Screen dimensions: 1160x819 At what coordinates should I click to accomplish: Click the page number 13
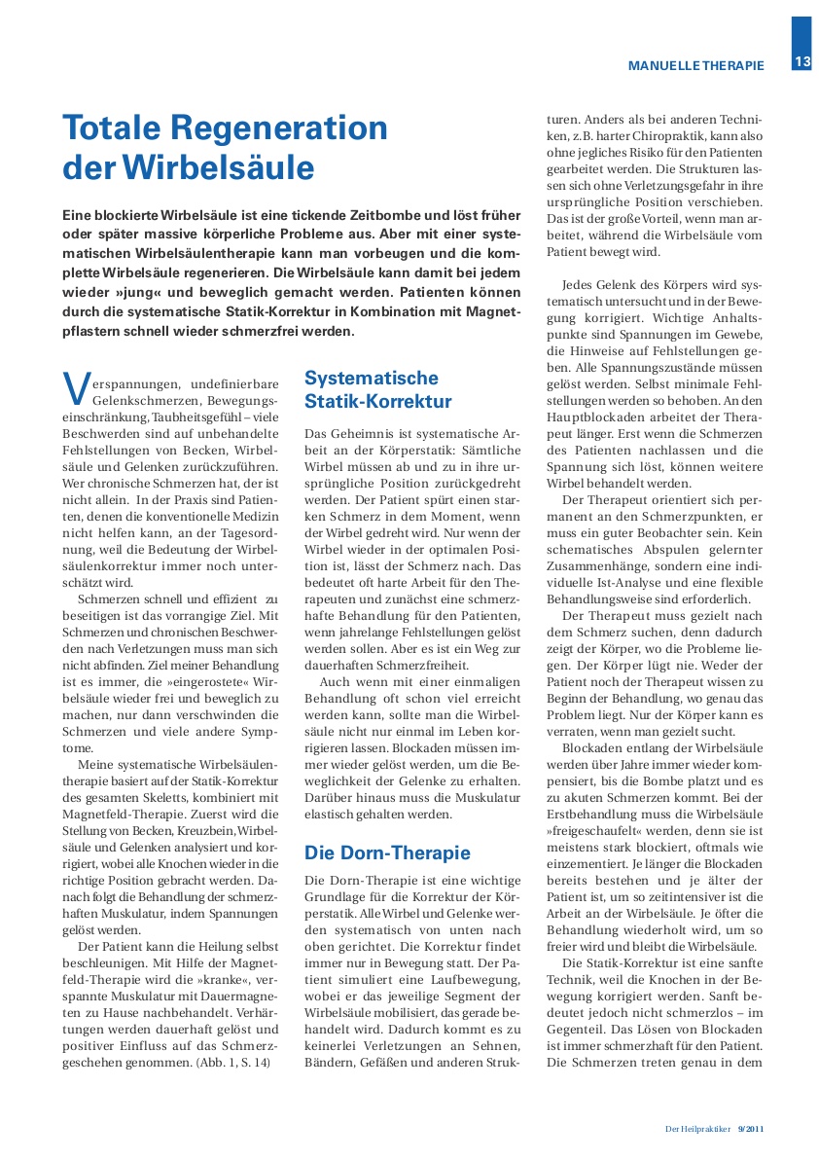(802, 62)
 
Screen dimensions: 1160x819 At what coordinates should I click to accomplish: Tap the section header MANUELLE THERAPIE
(696, 66)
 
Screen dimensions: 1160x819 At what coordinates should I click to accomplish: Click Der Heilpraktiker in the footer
(697, 1128)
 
